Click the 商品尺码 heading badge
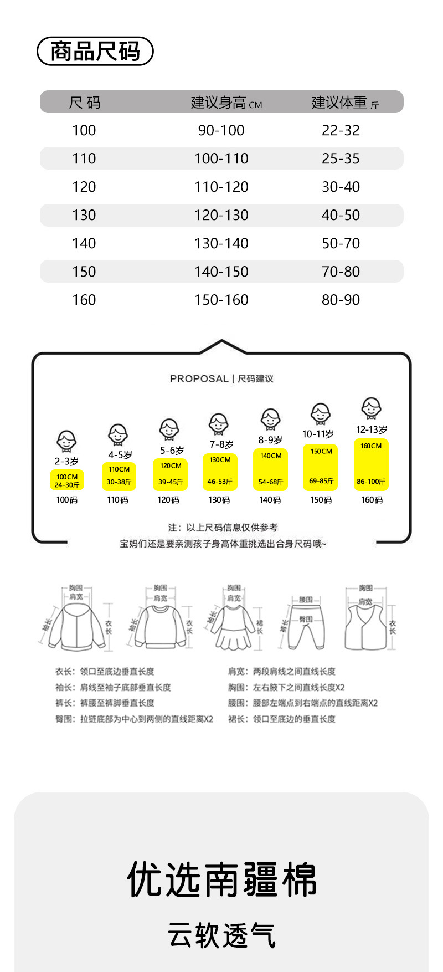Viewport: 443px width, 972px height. (x=95, y=52)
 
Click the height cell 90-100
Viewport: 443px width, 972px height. (x=221, y=130)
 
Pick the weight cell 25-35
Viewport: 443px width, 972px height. (x=341, y=158)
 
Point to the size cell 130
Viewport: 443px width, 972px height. (x=84, y=215)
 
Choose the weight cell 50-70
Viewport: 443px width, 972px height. (x=341, y=243)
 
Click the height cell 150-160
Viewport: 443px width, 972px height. (x=221, y=300)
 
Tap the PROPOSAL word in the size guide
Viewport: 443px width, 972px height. (x=199, y=378)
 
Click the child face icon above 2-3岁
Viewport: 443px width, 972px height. (x=66, y=442)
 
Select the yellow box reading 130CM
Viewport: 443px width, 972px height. (x=220, y=471)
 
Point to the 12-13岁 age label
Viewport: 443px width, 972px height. (x=372, y=429)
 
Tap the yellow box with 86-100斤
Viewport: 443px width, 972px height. (x=371, y=464)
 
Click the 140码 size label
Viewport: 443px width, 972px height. (x=270, y=500)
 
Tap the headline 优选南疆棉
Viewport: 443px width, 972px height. (x=221, y=879)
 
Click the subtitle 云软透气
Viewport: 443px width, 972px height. (x=221, y=935)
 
